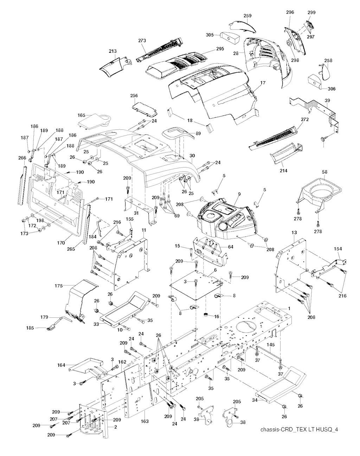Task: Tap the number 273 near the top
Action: [142, 41]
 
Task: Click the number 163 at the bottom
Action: [144, 421]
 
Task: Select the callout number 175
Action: [59, 286]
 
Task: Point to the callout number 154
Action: [338, 249]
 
